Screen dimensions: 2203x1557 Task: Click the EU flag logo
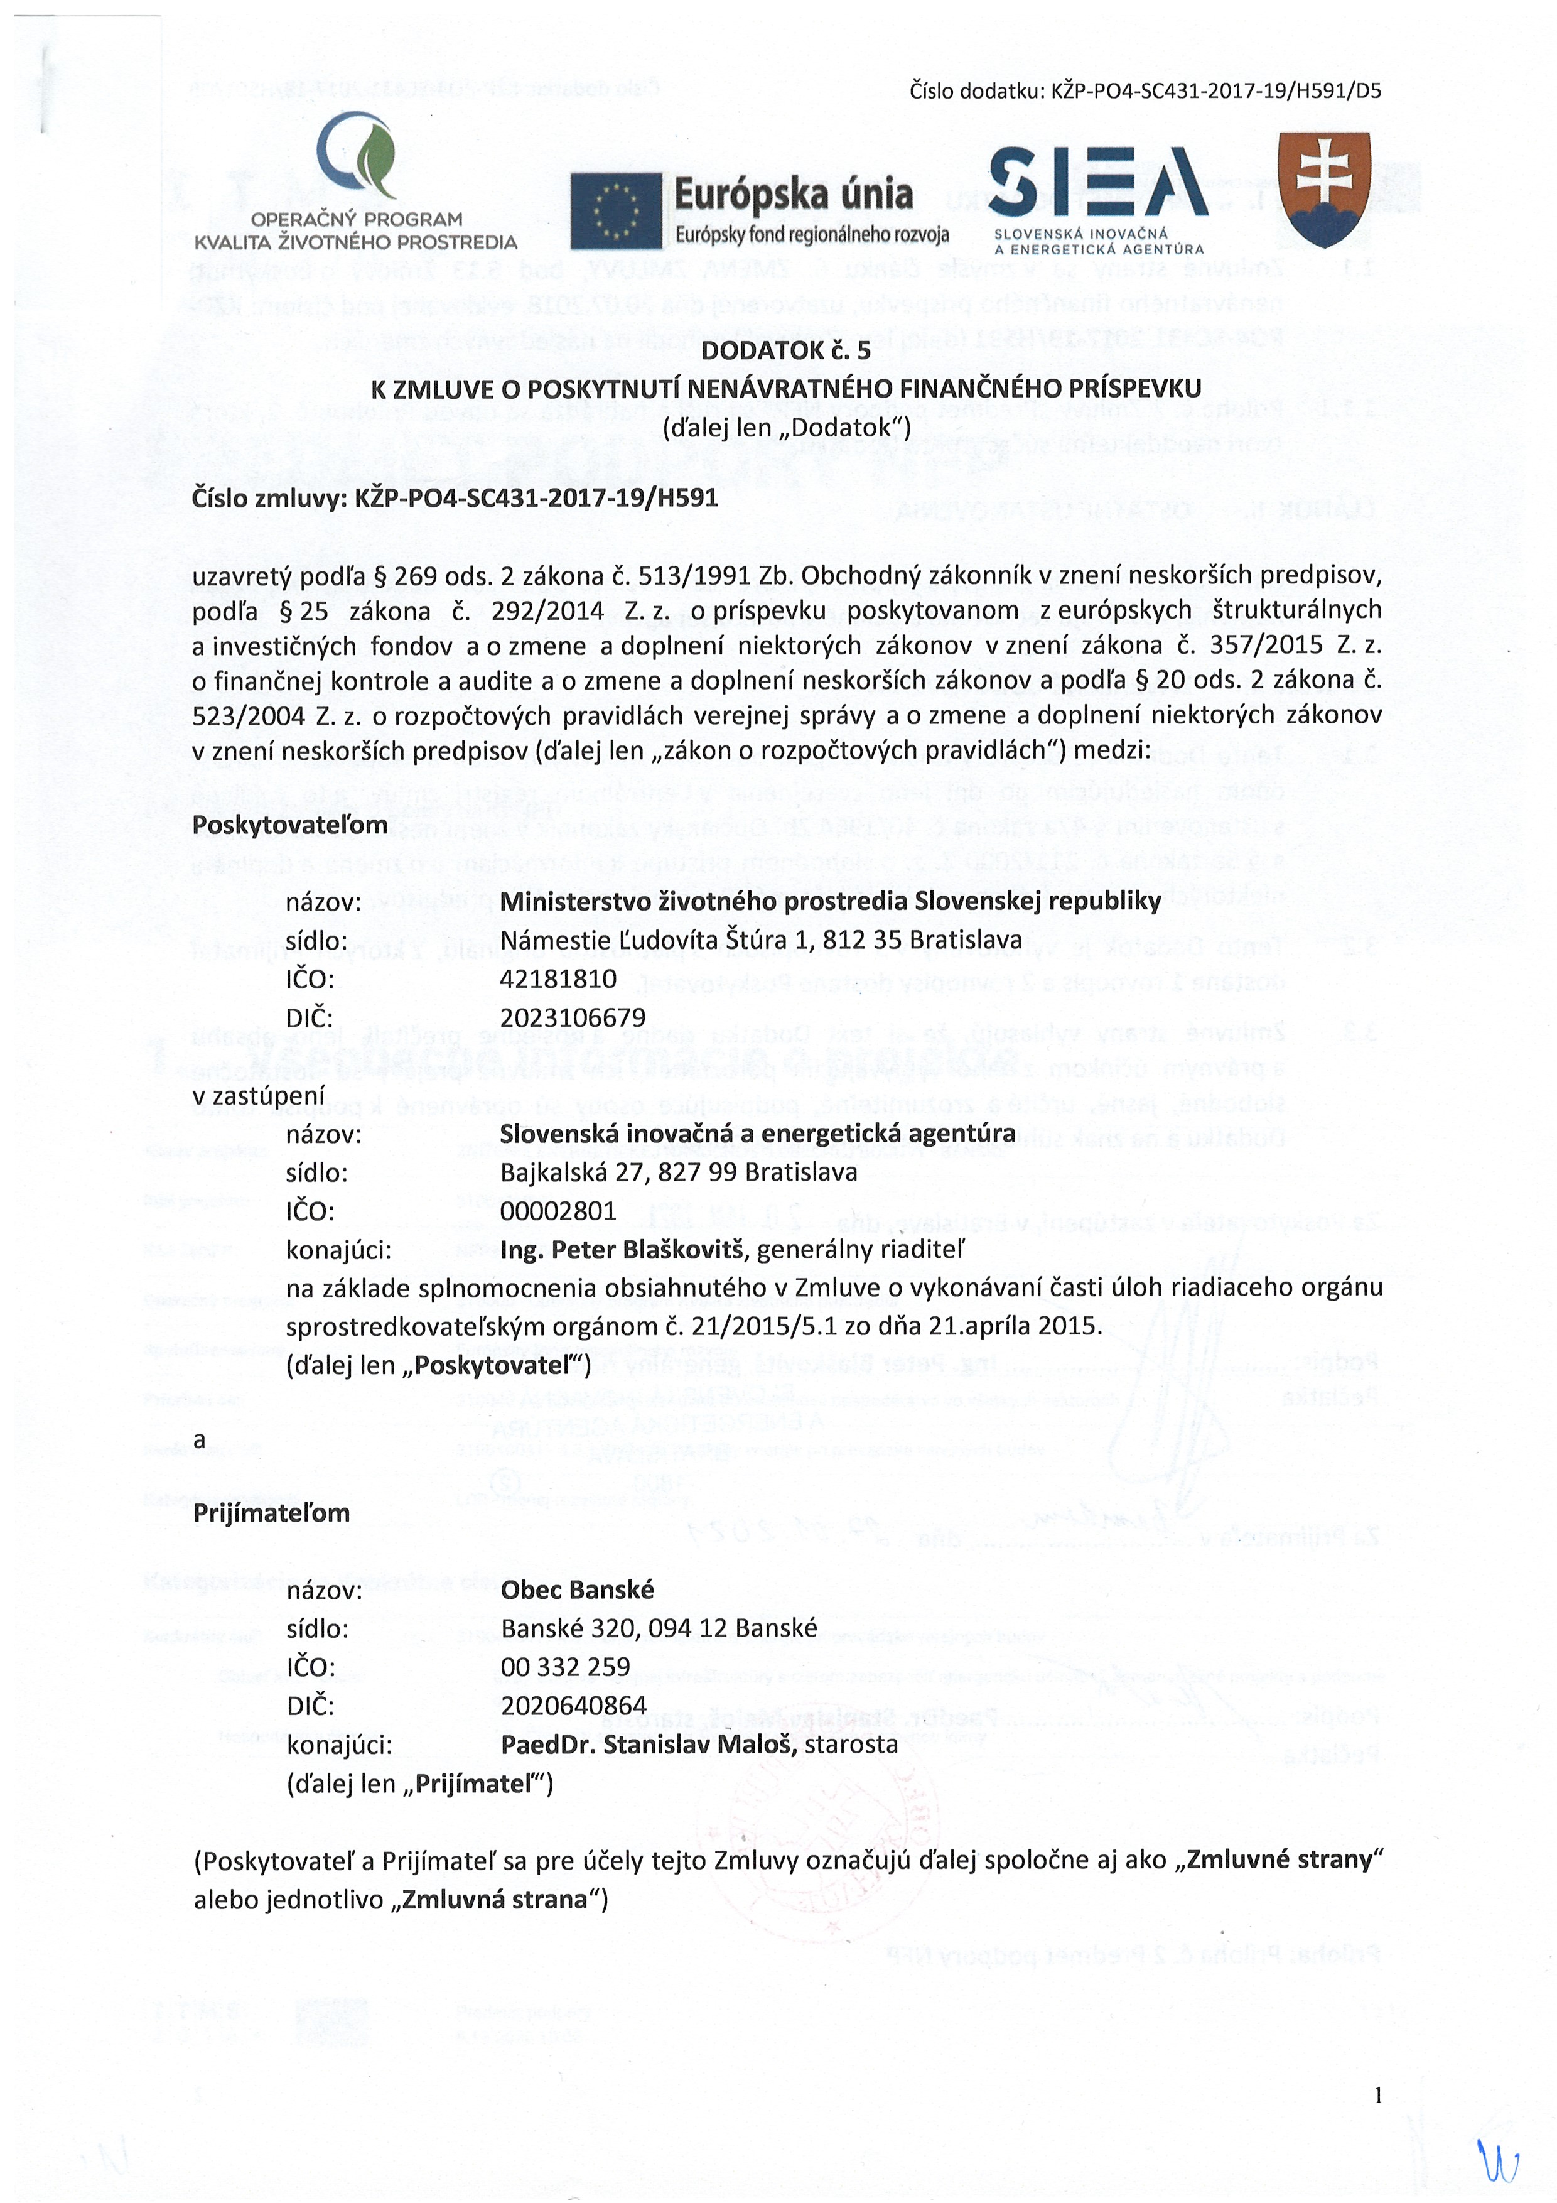pos(615,211)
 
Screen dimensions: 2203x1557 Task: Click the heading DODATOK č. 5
pos(785,350)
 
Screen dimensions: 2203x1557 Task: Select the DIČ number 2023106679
pos(573,1017)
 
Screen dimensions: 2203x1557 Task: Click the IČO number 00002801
pos(558,1211)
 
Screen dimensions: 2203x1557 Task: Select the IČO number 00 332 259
pos(565,1667)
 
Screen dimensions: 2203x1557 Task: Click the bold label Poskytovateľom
pos(289,825)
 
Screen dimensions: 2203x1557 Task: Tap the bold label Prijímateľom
pos(271,1513)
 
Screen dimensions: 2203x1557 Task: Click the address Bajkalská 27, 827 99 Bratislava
pos(678,1172)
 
